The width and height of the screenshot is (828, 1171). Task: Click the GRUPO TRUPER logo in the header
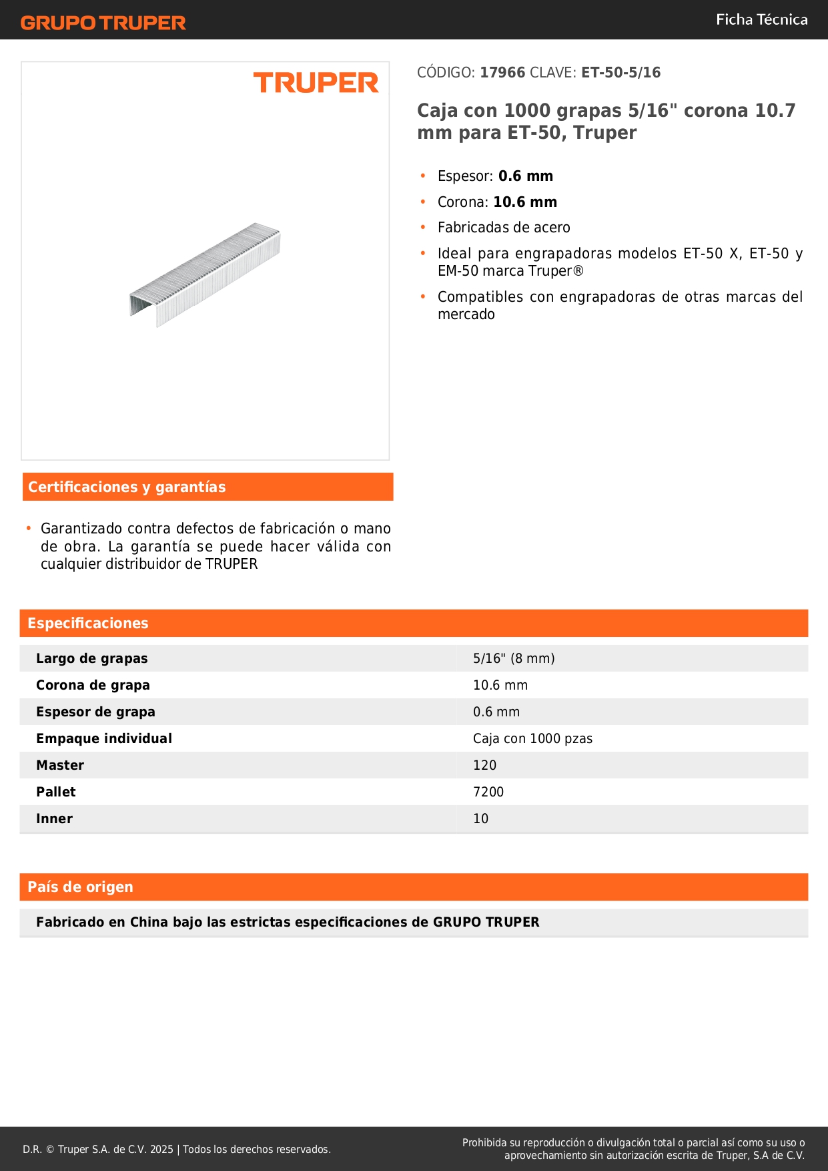(x=103, y=23)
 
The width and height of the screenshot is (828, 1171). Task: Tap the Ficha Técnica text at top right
(x=761, y=20)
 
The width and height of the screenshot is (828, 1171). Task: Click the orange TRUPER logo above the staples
(x=316, y=83)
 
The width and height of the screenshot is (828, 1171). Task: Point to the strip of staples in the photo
(x=205, y=274)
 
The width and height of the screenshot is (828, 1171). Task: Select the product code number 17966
(x=502, y=73)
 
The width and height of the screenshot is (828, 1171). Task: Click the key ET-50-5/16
(x=620, y=73)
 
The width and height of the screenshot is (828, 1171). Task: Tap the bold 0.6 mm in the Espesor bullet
(x=525, y=176)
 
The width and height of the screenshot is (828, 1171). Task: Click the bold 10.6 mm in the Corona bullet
(x=524, y=202)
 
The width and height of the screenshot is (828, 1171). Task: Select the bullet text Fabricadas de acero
(x=504, y=228)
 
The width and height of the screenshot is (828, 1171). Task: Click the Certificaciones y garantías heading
(x=127, y=487)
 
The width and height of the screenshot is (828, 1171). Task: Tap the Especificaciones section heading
(x=88, y=624)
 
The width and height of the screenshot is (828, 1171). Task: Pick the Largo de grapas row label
(x=92, y=658)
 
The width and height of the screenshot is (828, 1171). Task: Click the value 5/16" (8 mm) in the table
(x=514, y=658)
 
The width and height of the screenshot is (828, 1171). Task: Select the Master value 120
(x=484, y=765)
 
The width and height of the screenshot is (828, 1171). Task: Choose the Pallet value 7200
(x=488, y=792)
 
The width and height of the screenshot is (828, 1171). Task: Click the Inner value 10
(x=480, y=818)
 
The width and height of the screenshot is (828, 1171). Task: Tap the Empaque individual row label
(x=104, y=738)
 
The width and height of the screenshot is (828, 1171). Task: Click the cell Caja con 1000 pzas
(x=532, y=738)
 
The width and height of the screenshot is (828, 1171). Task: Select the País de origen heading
(x=80, y=887)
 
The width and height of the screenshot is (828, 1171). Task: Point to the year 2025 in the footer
(x=161, y=1150)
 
